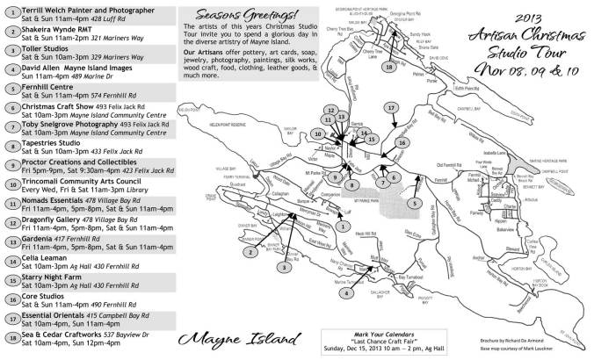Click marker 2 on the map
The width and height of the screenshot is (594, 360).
pyautogui.click(x=250, y=252)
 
